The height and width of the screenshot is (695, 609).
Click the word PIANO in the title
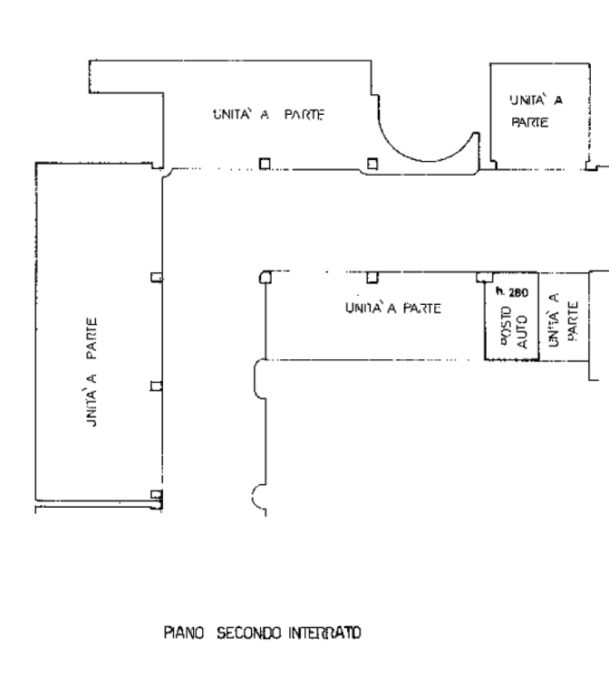point(184,633)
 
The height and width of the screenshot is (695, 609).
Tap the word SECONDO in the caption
point(248,633)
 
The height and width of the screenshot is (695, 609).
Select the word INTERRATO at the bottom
point(324,633)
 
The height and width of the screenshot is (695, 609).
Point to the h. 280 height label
point(512,291)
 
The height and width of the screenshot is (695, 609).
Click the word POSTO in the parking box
point(507,326)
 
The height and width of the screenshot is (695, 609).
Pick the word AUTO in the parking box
point(522,331)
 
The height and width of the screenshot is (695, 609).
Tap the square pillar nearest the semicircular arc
point(372,164)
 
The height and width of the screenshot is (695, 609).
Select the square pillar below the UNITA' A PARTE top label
point(265,164)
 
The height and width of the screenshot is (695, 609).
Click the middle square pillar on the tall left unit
point(156,386)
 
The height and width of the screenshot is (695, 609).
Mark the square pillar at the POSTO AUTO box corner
point(484,278)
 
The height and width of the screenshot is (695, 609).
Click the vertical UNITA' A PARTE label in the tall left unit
point(91,372)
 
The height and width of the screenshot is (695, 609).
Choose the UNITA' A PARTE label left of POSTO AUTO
point(393,308)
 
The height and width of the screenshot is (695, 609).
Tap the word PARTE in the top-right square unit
point(530,122)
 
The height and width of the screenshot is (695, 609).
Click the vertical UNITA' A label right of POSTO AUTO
point(553,320)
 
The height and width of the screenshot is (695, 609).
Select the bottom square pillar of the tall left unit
point(156,495)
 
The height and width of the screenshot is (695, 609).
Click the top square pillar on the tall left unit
point(156,278)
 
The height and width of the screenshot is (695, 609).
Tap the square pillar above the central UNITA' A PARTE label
point(372,278)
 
